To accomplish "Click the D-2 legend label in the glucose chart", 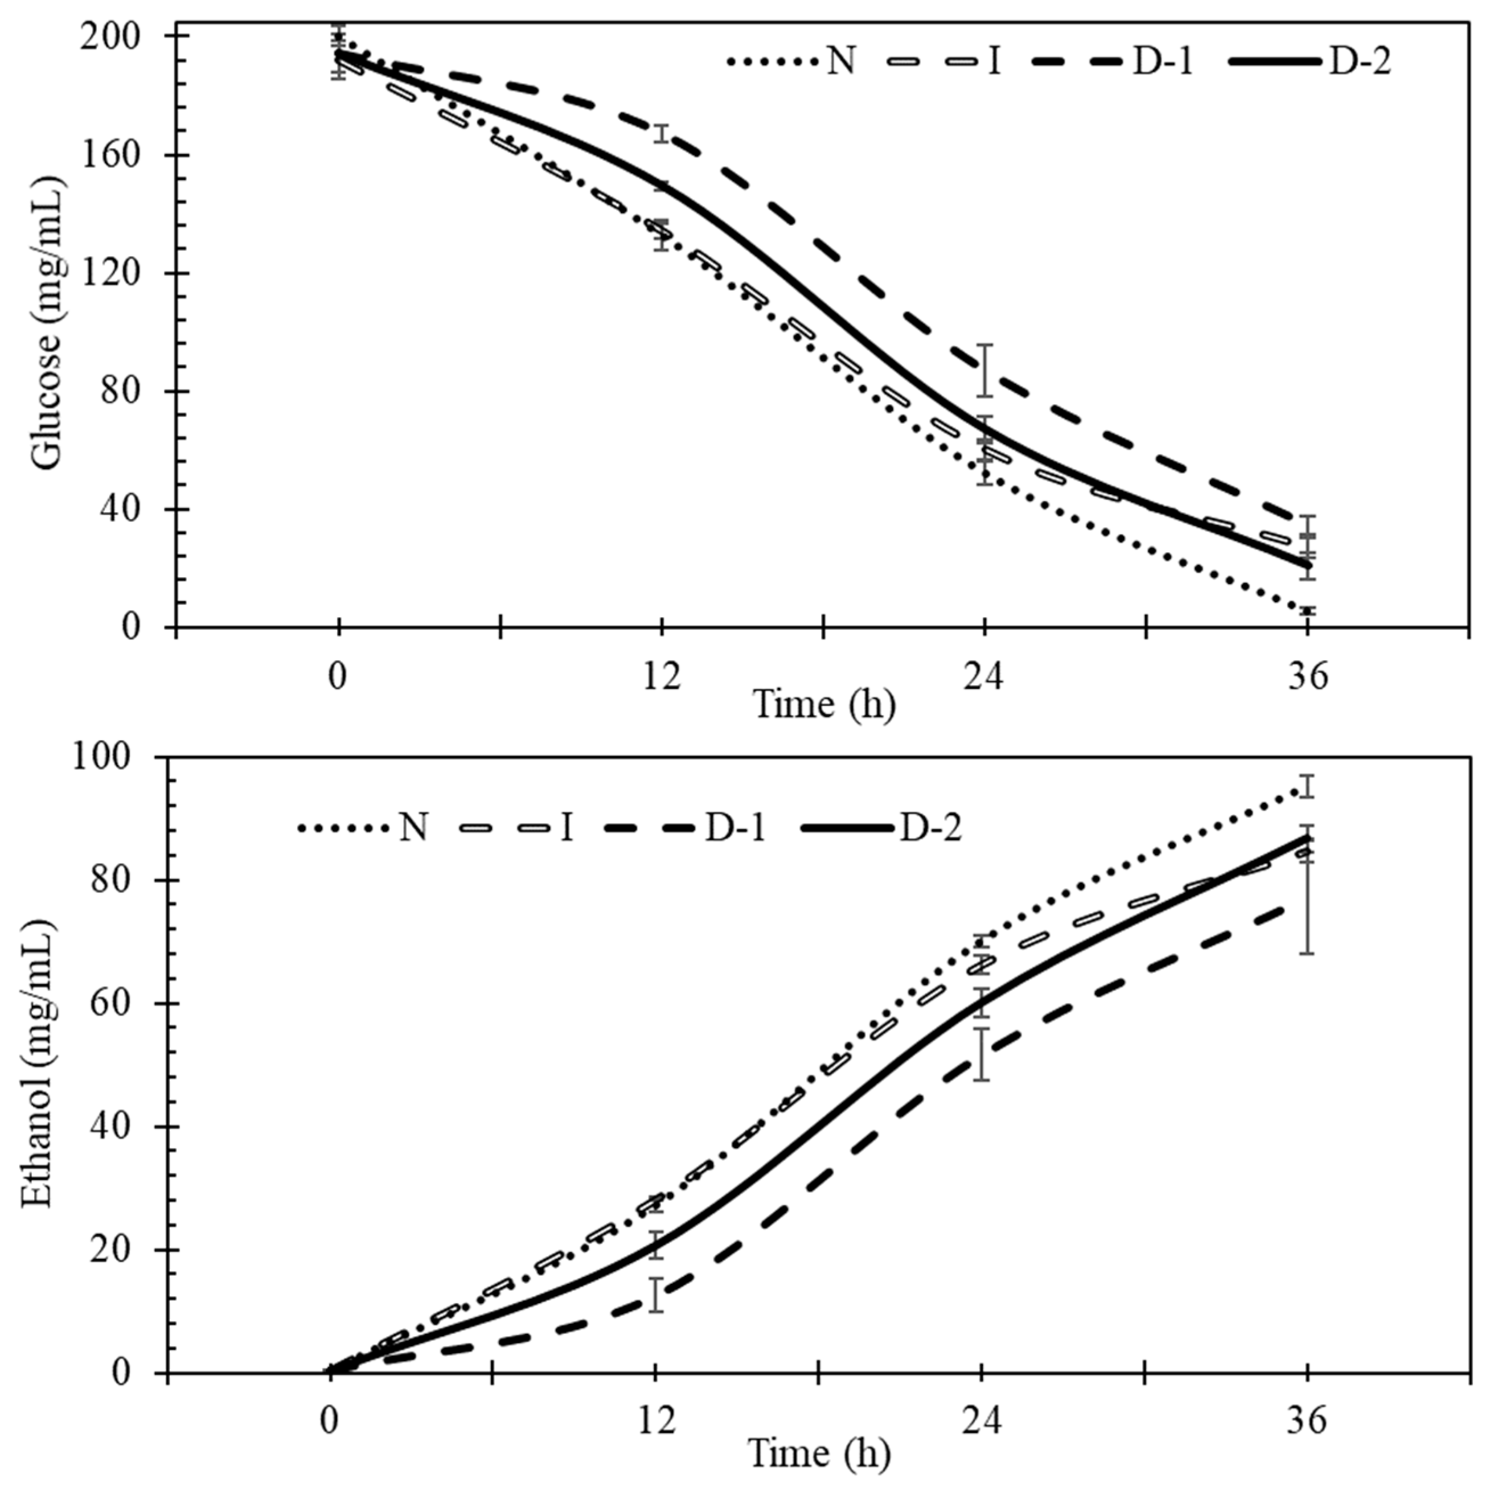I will click(x=1360, y=61).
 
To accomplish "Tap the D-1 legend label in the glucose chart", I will click(x=1162, y=61).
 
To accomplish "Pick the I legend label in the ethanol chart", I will click(x=567, y=829).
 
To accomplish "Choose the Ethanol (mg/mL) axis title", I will click(x=37, y=1065).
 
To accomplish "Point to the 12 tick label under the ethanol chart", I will click(x=656, y=1422).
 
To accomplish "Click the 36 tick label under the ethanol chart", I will click(x=1307, y=1422).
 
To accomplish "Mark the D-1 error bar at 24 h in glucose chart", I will click(x=984, y=371).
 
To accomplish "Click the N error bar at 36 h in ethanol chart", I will click(x=1307, y=786).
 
